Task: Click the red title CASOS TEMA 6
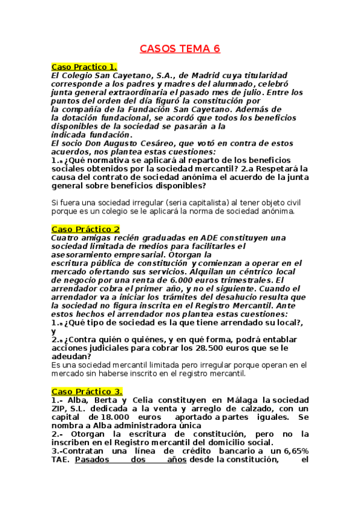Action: (x=180, y=49)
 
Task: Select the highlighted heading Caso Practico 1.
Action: (x=84, y=66)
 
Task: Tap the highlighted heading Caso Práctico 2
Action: (x=85, y=229)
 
